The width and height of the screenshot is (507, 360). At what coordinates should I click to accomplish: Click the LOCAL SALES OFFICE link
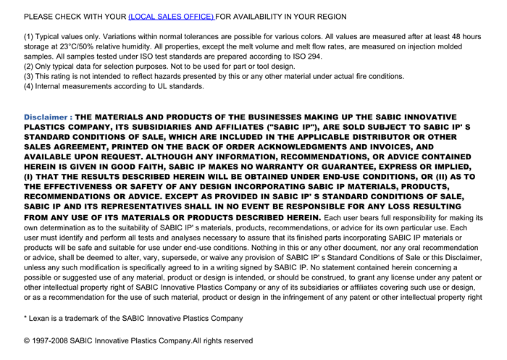click(171, 16)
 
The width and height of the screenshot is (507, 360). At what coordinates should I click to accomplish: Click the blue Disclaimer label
click(47, 117)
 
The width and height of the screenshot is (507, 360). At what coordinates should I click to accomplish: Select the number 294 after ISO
click(314, 56)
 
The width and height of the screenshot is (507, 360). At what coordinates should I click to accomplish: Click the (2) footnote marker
click(29, 67)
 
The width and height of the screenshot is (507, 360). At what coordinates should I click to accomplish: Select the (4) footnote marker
click(29, 86)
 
